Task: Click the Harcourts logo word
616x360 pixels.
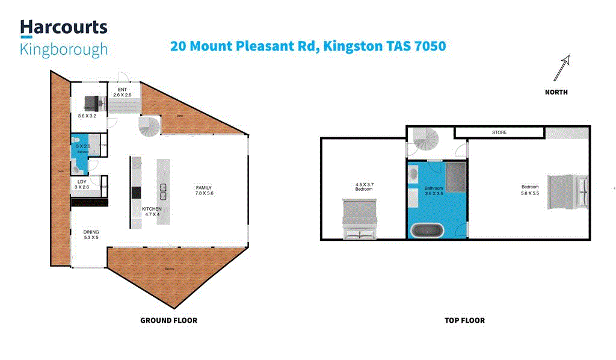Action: (x=64, y=27)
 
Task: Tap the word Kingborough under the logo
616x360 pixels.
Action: (x=64, y=49)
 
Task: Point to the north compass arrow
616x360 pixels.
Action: (x=561, y=68)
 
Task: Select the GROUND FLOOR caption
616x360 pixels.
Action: (x=168, y=320)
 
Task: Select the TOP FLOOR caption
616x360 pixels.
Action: (x=464, y=320)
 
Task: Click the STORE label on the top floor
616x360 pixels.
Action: (x=499, y=132)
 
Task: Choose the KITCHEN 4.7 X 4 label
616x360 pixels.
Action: (x=151, y=211)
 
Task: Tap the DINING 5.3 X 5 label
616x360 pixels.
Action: (x=91, y=235)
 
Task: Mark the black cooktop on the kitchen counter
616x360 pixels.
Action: (x=136, y=192)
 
